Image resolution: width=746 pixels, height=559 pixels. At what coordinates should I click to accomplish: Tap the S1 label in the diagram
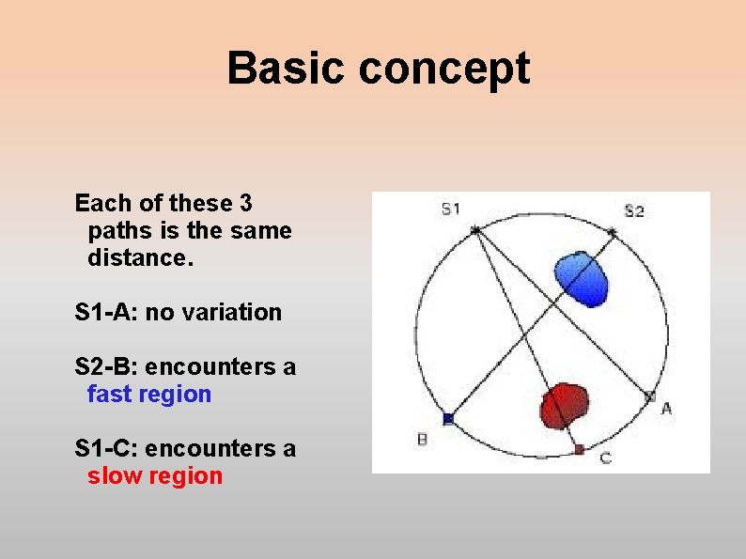click(451, 208)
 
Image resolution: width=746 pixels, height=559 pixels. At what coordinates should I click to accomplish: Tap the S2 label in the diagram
click(634, 210)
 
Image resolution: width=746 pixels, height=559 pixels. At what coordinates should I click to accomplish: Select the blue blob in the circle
click(580, 279)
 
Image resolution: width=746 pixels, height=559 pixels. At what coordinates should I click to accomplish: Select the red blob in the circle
click(565, 404)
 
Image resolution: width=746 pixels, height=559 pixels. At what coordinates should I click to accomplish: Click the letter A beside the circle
click(667, 408)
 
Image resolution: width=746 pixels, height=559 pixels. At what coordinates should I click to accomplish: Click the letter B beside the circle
click(422, 439)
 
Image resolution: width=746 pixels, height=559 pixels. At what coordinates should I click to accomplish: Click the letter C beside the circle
click(605, 458)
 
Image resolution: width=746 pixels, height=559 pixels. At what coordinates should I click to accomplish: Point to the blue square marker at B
click(448, 418)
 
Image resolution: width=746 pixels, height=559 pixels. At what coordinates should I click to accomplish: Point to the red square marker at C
click(579, 450)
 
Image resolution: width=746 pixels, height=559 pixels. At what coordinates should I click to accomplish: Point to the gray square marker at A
click(649, 396)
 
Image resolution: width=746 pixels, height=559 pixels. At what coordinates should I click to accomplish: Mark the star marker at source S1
click(475, 229)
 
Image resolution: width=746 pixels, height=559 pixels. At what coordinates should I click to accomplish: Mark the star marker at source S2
click(613, 231)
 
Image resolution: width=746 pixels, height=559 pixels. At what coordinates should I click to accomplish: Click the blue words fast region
click(148, 395)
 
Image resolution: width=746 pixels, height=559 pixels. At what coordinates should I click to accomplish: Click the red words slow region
click(154, 476)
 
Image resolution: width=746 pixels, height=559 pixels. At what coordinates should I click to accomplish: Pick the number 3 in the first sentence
click(245, 203)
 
